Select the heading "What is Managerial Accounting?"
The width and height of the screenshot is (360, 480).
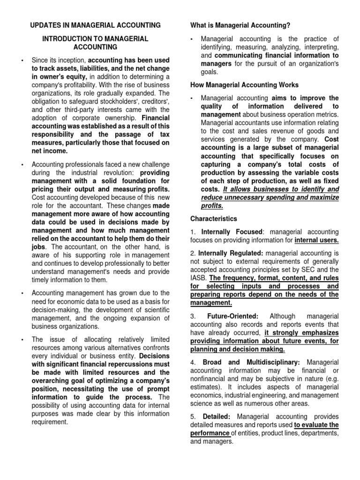[240, 25]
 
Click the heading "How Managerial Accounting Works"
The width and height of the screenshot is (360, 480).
[244, 85]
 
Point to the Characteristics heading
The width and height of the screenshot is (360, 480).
[213, 218]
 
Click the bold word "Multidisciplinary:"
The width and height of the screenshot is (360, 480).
[276, 362]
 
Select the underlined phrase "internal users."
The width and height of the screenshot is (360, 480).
[316, 240]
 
